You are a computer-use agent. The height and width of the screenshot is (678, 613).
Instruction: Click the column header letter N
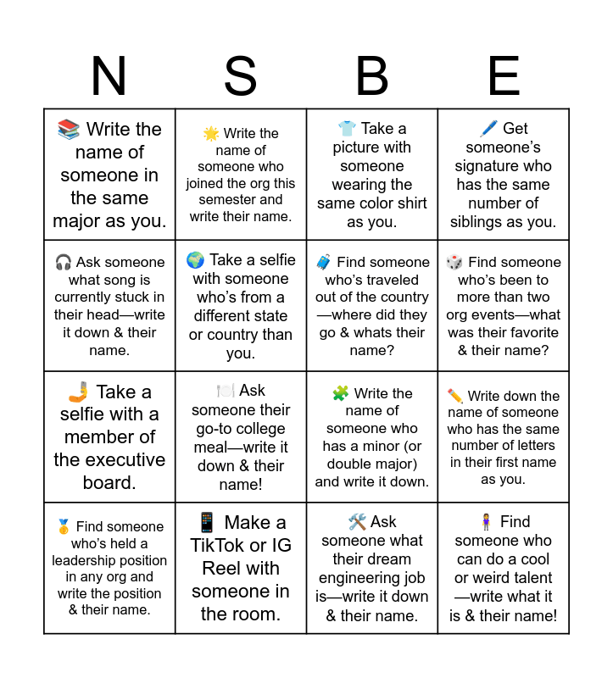click(x=109, y=76)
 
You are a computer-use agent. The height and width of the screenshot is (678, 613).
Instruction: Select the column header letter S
click(x=241, y=76)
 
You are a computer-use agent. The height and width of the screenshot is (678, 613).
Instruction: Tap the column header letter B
click(x=372, y=76)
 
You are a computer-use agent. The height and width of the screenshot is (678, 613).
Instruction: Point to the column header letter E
click(x=504, y=76)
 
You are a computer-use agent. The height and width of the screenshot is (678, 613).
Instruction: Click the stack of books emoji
click(x=69, y=130)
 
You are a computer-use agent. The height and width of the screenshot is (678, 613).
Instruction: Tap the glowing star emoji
click(x=211, y=134)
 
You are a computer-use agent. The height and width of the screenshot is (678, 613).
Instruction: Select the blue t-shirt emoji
click(x=347, y=129)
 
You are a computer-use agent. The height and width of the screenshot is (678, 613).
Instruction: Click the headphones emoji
click(x=63, y=263)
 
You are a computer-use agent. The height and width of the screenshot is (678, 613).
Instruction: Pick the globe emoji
click(x=195, y=260)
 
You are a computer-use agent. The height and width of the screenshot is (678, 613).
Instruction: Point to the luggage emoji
click(x=324, y=263)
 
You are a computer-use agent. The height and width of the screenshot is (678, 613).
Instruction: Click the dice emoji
click(x=454, y=263)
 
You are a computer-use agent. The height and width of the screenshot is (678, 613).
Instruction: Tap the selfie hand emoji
click(x=79, y=392)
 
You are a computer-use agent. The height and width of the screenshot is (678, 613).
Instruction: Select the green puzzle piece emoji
click(x=340, y=393)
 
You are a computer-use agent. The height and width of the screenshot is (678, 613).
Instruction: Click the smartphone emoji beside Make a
click(x=207, y=522)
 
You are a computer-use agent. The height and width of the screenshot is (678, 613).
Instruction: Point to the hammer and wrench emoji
click(x=357, y=522)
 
